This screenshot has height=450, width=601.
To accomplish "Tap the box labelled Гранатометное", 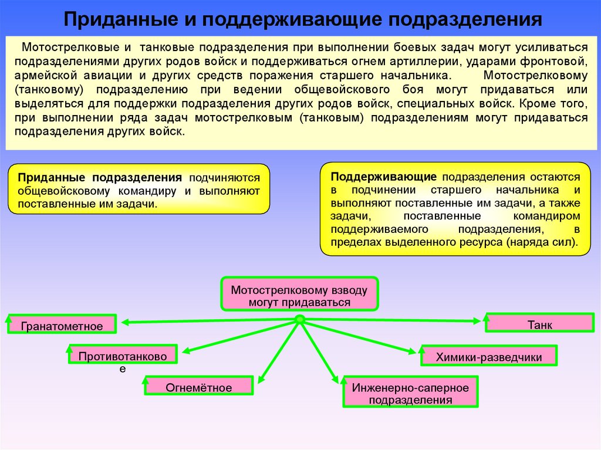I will click(62, 325).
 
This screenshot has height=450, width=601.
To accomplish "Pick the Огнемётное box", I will click(198, 387).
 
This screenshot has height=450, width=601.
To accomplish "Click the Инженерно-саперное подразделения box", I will click(410, 394).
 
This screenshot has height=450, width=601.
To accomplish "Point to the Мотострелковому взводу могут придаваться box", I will click(299, 296).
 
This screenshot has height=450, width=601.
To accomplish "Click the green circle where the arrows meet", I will click(299, 320).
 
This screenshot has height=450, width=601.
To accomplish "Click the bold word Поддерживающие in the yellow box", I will click(383, 177).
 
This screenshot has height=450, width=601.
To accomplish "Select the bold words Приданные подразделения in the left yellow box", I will click(99, 178).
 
